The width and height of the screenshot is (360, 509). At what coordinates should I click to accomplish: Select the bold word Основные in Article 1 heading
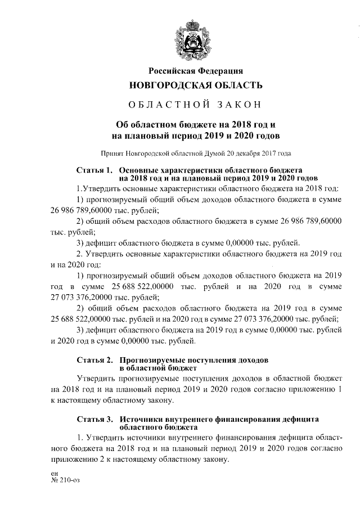[x=139, y=169]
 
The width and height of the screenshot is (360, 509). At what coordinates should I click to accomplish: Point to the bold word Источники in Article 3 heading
[x=141, y=420]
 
